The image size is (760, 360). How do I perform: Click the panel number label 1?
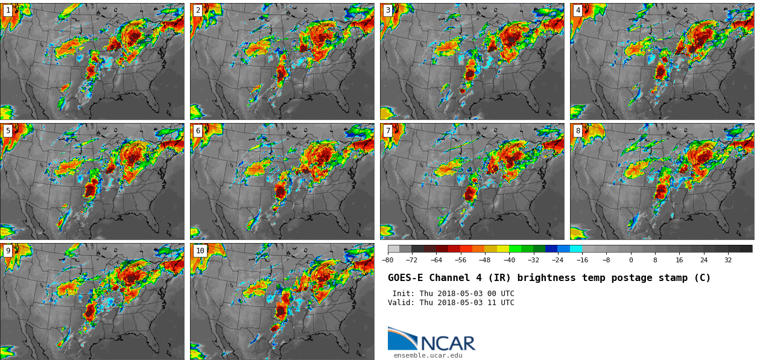[x=8, y=10]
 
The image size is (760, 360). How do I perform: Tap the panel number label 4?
[x=578, y=10]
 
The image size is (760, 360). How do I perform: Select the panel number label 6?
[x=198, y=131]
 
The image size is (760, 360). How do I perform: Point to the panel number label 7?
[x=388, y=131]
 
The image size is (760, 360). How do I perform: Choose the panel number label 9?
[x=8, y=251]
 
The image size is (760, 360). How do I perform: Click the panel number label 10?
[x=200, y=251]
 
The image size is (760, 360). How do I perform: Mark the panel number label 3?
[x=388, y=10]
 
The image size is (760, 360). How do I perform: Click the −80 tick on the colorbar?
[x=387, y=260]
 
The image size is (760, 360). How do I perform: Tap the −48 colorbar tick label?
[x=484, y=260]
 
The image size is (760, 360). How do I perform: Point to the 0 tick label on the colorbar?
[x=631, y=260]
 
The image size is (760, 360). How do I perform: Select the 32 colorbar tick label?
[x=728, y=260]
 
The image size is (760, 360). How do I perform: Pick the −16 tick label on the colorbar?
[x=582, y=260]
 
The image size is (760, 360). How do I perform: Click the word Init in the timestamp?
[x=404, y=294]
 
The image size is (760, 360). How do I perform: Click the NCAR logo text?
[x=448, y=343]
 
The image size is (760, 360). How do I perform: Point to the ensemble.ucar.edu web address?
[x=428, y=355]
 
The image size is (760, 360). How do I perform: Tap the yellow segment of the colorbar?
[x=502, y=248]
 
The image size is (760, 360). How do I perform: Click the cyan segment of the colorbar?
[x=576, y=248]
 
